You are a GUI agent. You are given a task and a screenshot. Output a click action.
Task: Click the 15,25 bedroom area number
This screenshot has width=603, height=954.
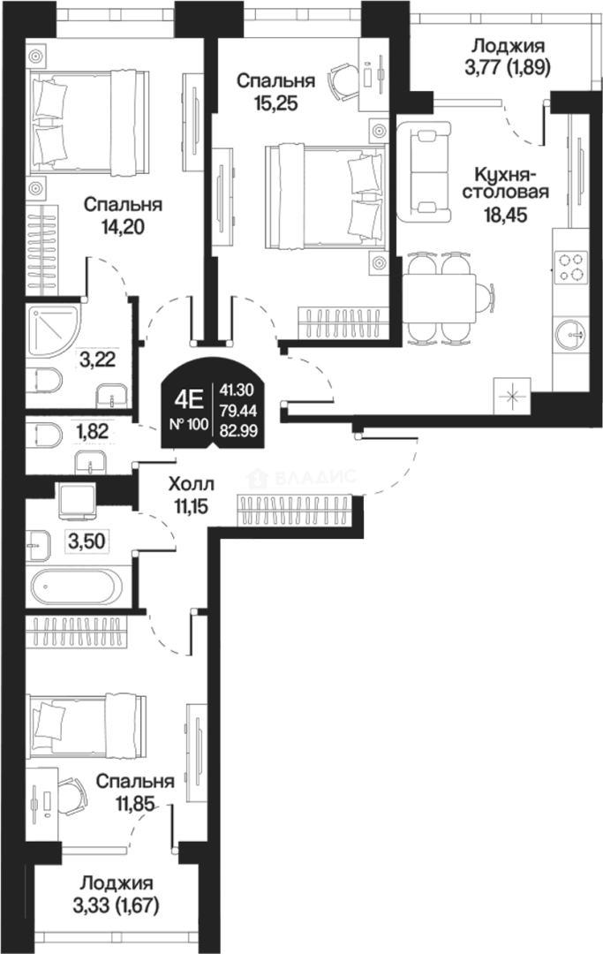click(275, 103)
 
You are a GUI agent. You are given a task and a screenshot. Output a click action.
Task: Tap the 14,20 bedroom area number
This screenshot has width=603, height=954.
click(124, 228)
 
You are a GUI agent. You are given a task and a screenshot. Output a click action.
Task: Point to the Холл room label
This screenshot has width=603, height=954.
click(191, 484)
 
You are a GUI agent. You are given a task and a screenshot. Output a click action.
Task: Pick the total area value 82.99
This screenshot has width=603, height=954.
click(239, 430)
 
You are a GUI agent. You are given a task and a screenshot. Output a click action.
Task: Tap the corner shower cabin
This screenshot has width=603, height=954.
click(54, 330)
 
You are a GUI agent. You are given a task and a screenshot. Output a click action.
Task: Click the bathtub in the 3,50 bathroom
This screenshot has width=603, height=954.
click(75, 587)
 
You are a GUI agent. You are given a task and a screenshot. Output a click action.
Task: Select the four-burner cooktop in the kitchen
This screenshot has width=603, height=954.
click(571, 268)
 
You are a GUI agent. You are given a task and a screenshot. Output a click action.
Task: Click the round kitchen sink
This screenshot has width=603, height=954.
click(571, 334)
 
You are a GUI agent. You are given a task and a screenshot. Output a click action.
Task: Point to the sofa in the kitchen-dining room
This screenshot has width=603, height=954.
click(425, 172)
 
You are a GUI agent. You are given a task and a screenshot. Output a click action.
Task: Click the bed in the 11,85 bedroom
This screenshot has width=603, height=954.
click(89, 725)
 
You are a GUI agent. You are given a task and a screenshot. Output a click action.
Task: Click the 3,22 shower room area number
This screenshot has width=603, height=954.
click(97, 359)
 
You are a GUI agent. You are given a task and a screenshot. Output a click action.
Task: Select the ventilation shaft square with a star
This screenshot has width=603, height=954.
click(512, 396)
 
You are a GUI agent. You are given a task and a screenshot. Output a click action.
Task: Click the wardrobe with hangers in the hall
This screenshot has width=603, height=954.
click(295, 510)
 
